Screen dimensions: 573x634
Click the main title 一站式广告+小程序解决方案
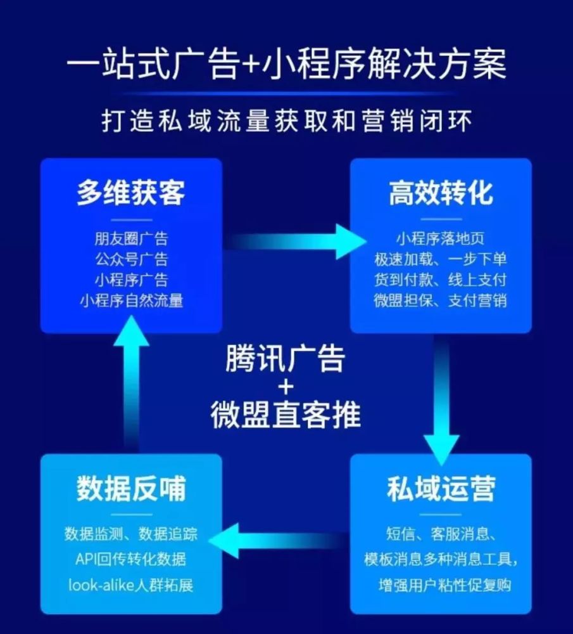(x=286, y=65)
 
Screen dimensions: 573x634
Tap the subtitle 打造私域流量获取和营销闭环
(x=286, y=120)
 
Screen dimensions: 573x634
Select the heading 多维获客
(x=131, y=193)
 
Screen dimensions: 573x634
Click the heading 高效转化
(x=441, y=193)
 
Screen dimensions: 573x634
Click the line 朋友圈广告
(x=131, y=238)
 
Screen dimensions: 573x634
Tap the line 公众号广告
(x=131, y=259)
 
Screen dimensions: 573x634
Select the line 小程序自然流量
(x=131, y=301)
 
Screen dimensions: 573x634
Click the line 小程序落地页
(x=440, y=238)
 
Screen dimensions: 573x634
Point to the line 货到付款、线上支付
(x=440, y=280)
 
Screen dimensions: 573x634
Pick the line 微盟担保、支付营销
(x=440, y=301)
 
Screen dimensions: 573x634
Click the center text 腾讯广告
(x=285, y=358)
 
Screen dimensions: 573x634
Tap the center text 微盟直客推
(x=286, y=415)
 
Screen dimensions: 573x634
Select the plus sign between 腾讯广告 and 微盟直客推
(x=286, y=387)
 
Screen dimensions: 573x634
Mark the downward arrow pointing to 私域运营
(x=441, y=400)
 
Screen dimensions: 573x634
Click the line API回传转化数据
(x=131, y=559)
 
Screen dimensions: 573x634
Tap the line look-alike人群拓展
(x=131, y=585)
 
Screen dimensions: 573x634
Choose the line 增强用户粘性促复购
(x=445, y=585)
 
